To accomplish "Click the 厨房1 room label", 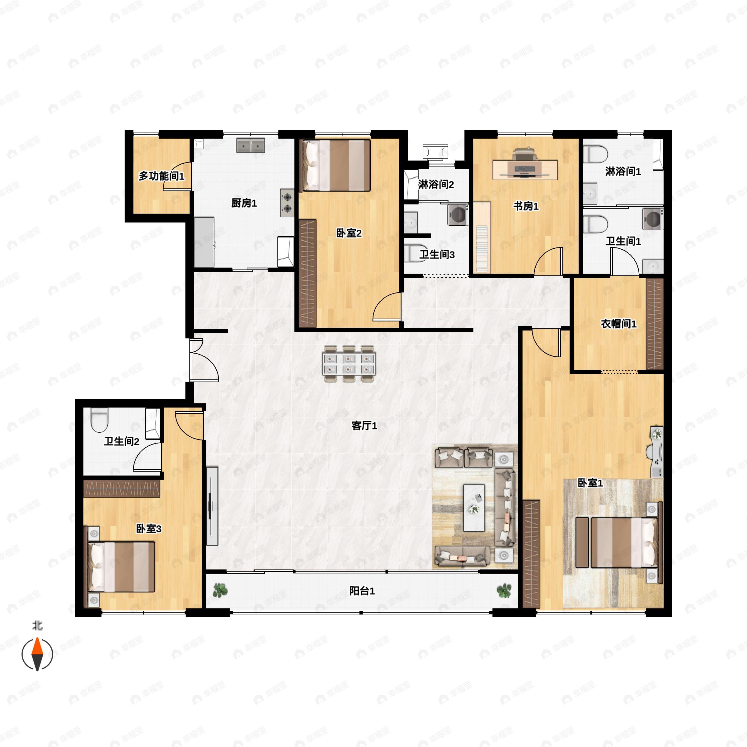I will tap(244, 203).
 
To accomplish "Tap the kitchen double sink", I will tap(251, 145).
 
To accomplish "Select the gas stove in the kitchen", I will tap(287, 203).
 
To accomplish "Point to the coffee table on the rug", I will tap(474, 507).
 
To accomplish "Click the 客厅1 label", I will tap(364, 426).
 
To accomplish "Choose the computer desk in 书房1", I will tap(525, 169).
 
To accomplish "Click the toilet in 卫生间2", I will tap(99, 420).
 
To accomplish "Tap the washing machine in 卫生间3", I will tap(458, 215).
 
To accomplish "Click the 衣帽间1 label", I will tap(618, 324).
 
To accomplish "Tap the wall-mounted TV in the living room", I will tap(212, 506).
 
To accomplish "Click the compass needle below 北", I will tap(37, 654).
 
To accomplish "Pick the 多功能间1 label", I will tap(161, 176).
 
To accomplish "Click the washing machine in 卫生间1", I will tap(653, 219).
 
